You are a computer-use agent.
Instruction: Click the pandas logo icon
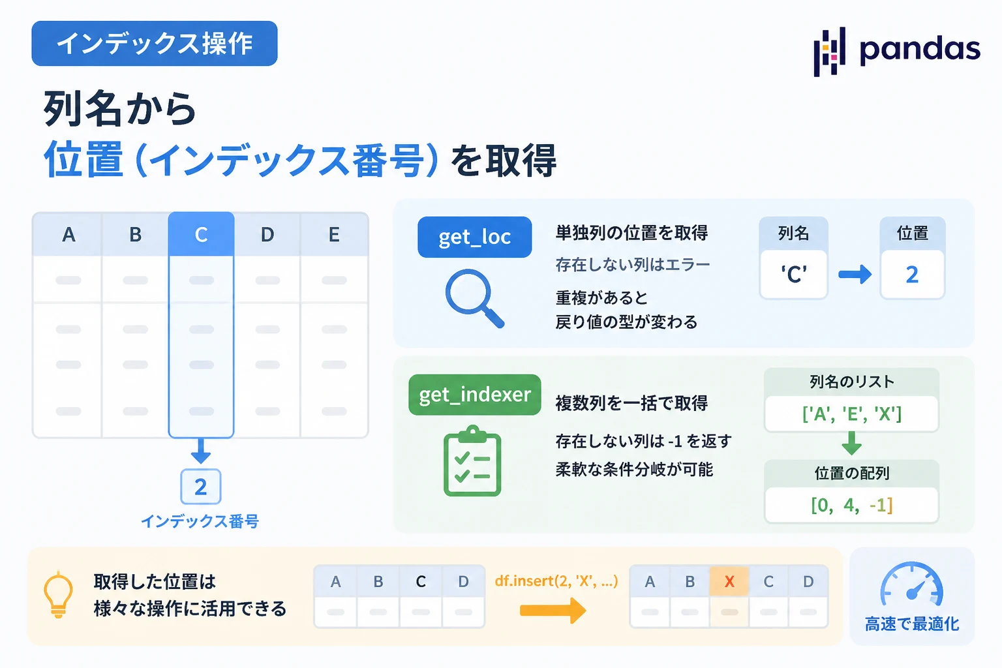(x=829, y=52)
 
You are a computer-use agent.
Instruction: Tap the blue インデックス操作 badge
(x=155, y=44)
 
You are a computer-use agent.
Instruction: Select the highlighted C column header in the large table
(x=202, y=234)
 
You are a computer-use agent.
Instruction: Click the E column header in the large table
(x=334, y=234)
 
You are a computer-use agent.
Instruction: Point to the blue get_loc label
(x=475, y=237)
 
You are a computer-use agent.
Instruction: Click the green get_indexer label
(x=475, y=395)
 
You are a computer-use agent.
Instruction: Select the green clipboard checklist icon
(x=472, y=461)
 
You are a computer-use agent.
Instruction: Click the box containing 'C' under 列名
(x=793, y=274)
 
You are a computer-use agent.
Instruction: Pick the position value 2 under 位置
(x=912, y=274)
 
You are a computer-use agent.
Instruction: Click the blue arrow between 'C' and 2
(x=855, y=274)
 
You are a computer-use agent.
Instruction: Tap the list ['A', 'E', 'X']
(x=852, y=414)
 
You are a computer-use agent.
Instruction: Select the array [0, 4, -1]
(x=852, y=505)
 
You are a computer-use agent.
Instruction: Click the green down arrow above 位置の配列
(x=852, y=444)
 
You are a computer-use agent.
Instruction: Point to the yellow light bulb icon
(x=58, y=594)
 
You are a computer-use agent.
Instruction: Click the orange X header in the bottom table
(x=729, y=581)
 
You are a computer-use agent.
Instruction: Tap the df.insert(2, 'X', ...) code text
(x=556, y=581)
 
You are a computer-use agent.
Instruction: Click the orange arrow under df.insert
(x=553, y=611)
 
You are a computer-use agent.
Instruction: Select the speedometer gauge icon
(x=911, y=583)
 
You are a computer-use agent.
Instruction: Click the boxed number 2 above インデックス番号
(x=201, y=487)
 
